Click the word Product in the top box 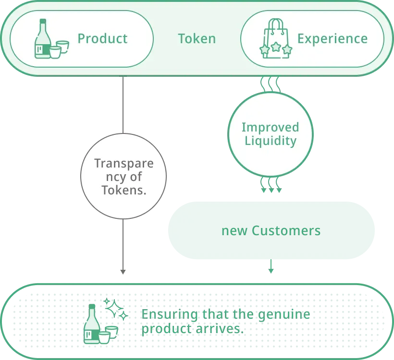click(102, 39)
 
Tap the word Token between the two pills click(197, 39)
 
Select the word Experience click(332, 39)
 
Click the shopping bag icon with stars click(276, 38)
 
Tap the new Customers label click(271, 230)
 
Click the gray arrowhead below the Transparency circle click(123, 272)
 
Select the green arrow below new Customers click(271, 266)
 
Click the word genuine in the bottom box click(284, 314)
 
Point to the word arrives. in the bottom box click(220, 329)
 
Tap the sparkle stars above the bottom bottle click(116, 309)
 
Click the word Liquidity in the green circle click(271, 141)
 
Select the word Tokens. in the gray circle click(124, 190)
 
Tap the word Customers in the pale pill click(286, 230)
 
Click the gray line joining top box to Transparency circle click(123, 105)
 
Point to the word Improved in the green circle click(271, 127)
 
